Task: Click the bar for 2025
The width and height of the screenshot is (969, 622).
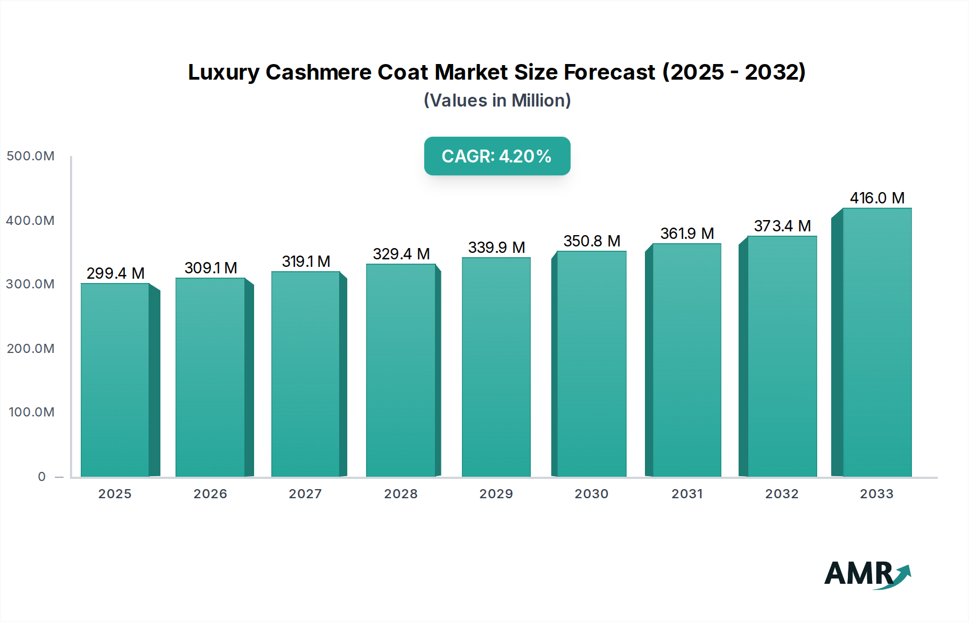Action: (115, 379)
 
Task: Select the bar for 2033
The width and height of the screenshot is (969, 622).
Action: (876, 342)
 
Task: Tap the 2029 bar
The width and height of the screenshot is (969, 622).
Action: (496, 367)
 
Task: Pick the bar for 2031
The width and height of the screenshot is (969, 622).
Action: (686, 360)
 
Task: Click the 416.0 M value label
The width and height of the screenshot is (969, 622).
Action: (877, 198)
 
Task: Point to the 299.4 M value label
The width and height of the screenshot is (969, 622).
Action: (115, 273)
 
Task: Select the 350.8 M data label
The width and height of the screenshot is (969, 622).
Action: (592, 241)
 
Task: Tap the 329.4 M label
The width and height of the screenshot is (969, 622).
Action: (401, 254)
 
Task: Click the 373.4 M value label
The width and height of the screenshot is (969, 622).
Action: (782, 226)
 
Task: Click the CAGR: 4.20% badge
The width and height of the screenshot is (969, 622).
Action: (497, 156)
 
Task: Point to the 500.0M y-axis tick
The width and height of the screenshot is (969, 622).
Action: (31, 156)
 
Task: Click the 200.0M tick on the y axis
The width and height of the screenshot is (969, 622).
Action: (31, 349)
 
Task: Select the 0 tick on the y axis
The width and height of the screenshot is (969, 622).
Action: (42, 477)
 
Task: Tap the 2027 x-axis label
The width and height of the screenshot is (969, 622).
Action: (305, 494)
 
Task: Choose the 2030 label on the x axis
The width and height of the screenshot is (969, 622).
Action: (591, 494)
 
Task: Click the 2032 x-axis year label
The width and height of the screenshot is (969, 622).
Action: (782, 494)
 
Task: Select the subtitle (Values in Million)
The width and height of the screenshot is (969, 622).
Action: (497, 101)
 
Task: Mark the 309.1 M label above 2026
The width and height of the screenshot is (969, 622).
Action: (210, 268)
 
